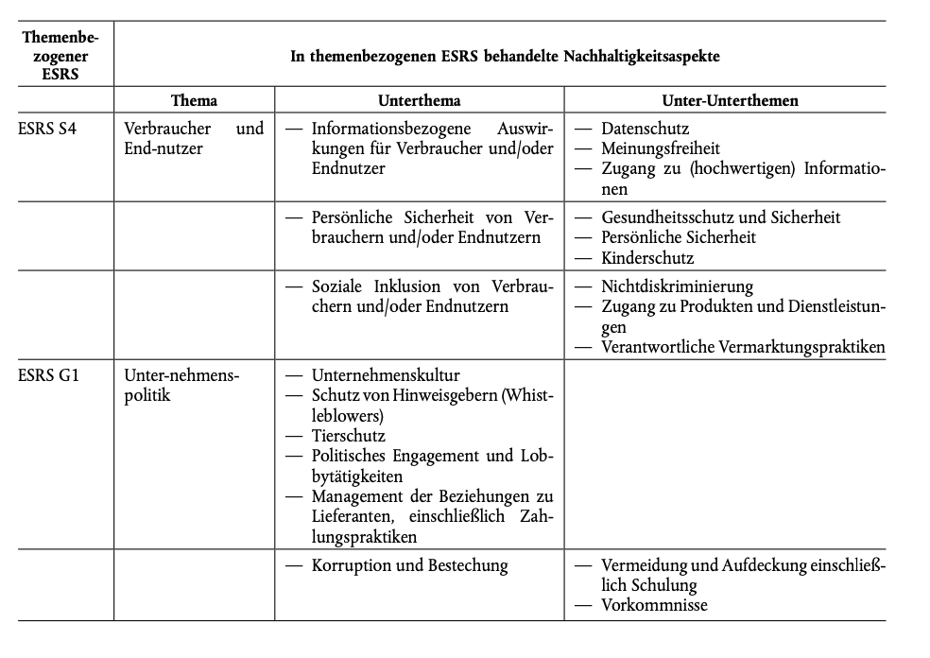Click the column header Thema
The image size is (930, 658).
point(194,100)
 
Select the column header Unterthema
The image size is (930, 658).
point(419,100)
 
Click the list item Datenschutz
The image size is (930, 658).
point(645,128)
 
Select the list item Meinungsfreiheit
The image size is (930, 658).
point(660,148)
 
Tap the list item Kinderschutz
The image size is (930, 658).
point(647,257)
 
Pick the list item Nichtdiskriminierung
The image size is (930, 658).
point(677,286)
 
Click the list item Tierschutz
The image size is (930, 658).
point(348,436)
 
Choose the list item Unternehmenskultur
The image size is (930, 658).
point(386,375)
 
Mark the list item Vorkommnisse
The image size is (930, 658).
point(654,605)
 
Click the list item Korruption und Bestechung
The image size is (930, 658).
point(409,565)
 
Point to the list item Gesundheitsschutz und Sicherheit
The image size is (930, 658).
point(720,217)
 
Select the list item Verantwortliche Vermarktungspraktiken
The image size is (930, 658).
point(743,347)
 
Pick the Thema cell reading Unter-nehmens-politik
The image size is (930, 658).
point(181,385)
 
